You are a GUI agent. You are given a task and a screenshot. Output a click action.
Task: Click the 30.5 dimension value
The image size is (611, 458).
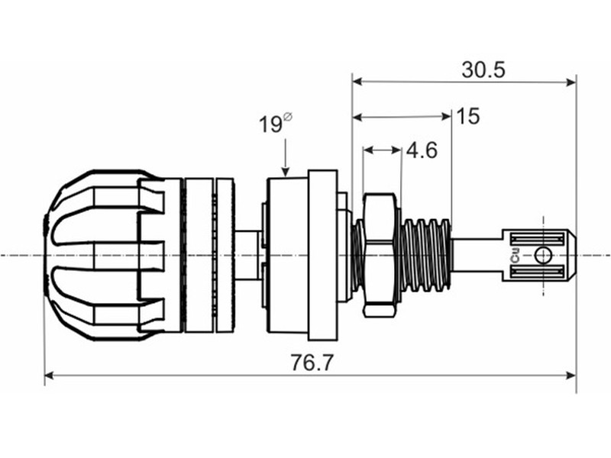(x=483, y=70)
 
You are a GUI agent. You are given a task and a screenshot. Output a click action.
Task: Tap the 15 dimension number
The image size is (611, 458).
(x=467, y=116)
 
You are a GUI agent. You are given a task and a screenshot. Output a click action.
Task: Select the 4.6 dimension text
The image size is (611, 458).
(x=422, y=150)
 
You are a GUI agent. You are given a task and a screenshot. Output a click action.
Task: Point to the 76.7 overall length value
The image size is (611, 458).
(x=312, y=363)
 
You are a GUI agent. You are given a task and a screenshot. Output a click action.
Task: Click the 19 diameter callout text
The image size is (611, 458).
(x=270, y=124)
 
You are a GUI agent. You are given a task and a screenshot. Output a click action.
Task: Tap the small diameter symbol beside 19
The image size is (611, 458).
(x=288, y=117)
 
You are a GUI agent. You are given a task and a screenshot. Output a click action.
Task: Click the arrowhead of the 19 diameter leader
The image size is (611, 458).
(x=286, y=172)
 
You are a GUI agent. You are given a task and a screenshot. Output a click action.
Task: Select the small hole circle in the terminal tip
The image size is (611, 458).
(x=543, y=256)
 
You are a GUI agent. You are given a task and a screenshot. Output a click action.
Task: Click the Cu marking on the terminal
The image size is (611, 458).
(x=516, y=256)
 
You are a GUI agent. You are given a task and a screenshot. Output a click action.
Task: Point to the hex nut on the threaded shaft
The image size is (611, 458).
(x=382, y=254)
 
